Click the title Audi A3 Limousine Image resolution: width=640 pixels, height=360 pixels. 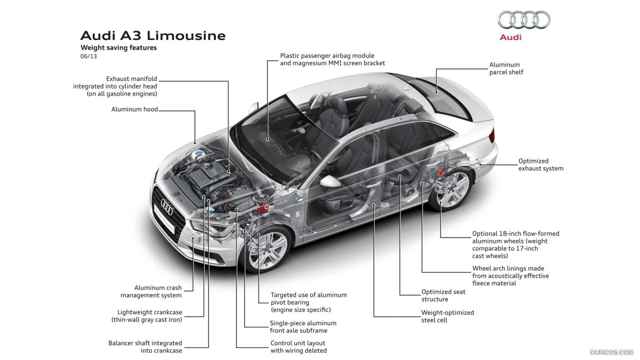click(153, 36)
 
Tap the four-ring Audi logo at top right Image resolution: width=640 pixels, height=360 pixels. click(524, 20)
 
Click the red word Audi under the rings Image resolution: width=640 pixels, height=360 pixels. click(510, 37)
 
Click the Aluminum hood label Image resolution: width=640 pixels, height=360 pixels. click(134, 109)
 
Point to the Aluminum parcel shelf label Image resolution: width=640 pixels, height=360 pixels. click(506, 68)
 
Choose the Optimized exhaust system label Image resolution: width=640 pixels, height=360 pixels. click(541, 164)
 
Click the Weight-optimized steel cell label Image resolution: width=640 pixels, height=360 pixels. click(447, 316)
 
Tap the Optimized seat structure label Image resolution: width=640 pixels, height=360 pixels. click(443, 295)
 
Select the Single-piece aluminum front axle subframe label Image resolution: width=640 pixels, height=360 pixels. click(303, 327)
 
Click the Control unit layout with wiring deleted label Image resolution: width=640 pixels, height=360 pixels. click(298, 347)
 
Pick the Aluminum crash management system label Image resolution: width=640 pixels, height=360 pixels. click(151, 291)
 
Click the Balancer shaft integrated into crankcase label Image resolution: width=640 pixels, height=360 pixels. click(145, 347)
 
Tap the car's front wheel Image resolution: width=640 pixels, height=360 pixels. click(268, 249)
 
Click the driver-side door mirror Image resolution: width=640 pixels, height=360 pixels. click(330, 181)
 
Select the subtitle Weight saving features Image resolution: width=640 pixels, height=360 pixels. click(118, 47)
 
